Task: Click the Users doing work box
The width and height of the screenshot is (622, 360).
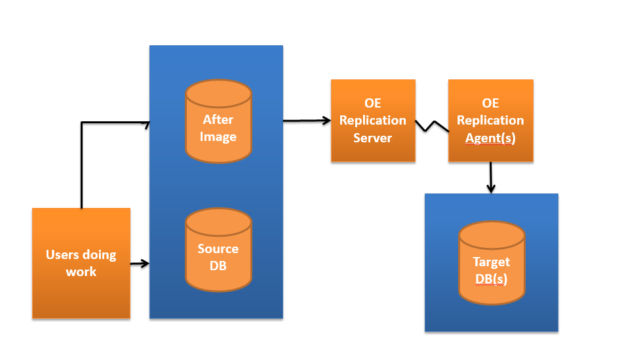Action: pyautogui.click(x=81, y=263)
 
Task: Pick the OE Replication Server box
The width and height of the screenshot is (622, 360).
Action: pyautogui.click(x=373, y=121)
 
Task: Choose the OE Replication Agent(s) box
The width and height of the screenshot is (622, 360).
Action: pyautogui.click(x=490, y=121)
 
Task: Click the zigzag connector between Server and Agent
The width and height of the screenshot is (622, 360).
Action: pyautogui.click(x=432, y=125)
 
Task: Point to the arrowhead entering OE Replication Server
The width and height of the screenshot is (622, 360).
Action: pyautogui.click(x=326, y=120)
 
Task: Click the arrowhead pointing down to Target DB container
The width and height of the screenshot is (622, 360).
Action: pyautogui.click(x=491, y=188)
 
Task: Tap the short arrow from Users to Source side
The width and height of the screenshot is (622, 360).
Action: pyautogui.click(x=140, y=264)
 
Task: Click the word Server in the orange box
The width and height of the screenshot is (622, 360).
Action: pyautogui.click(x=372, y=138)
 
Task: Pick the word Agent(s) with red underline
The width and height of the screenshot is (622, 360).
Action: pyautogui.click(x=490, y=138)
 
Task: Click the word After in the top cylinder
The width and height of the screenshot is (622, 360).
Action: pyautogui.click(x=218, y=119)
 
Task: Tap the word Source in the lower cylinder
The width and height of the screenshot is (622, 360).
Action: pyautogui.click(x=218, y=249)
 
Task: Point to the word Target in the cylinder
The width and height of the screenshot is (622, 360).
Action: pyautogui.click(x=492, y=262)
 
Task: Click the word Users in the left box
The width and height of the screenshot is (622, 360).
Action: pyautogui.click(x=62, y=254)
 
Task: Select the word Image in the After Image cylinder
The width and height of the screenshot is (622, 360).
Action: pyautogui.click(x=218, y=137)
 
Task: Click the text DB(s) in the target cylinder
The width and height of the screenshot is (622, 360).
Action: pyautogui.click(x=492, y=279)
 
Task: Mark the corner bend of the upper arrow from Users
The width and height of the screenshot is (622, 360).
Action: pyautogui.click(x=81, y=122)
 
